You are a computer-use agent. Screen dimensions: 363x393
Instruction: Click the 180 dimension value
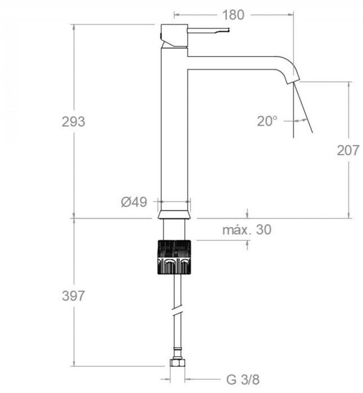tap(233, 15)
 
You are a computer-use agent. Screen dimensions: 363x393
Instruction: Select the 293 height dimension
tap(73, 122)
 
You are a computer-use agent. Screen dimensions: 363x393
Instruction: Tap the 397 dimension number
tap(73, 296)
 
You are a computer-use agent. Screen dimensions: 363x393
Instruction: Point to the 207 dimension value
tap(348, 150)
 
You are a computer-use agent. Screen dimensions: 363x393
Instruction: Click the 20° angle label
tap(267, 121)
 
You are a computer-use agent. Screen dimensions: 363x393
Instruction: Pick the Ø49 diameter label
tap(134, 202)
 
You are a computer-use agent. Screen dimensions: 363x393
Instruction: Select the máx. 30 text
tap(247, 229)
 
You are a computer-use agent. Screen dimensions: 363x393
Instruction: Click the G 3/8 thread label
tap(243, 379)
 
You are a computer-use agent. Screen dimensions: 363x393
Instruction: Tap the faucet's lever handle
tap(208, 30)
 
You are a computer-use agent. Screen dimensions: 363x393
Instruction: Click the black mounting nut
tap(174, 257)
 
